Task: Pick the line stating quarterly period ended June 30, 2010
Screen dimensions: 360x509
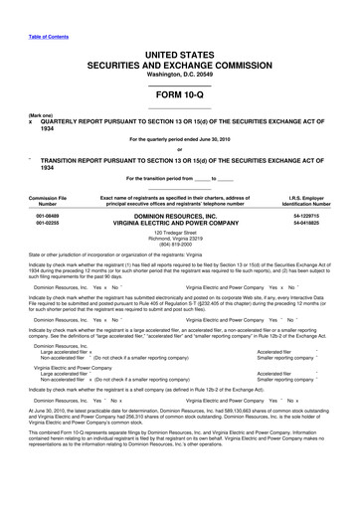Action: [x=180, y=140]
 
